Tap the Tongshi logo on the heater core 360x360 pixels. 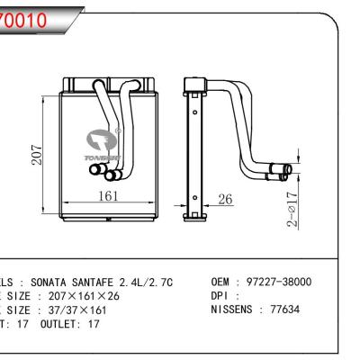tap(103, 141)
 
